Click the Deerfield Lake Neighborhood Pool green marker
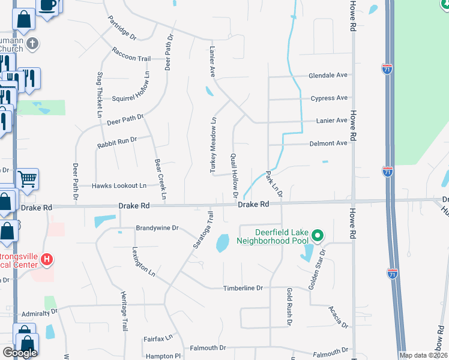[x=319, y=235]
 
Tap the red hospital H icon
[x=47, y=260]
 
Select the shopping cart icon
[x=27, y=178]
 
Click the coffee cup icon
[x=47, y=5]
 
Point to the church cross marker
[x=32, y=43]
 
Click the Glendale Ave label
[x=328, y=76]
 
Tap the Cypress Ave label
[x=329, y=98]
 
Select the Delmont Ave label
[x=328, y=143]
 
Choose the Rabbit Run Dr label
[x=117, y=143]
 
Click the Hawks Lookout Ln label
[x=119, y=186]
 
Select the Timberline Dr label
[x=243, y=288]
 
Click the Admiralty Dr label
[x=39, y=313]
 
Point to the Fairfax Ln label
[x=158, y=339]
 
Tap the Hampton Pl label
[x=161, y=356]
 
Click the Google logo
[x=20, y=353]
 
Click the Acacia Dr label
[x=338, y=316]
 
